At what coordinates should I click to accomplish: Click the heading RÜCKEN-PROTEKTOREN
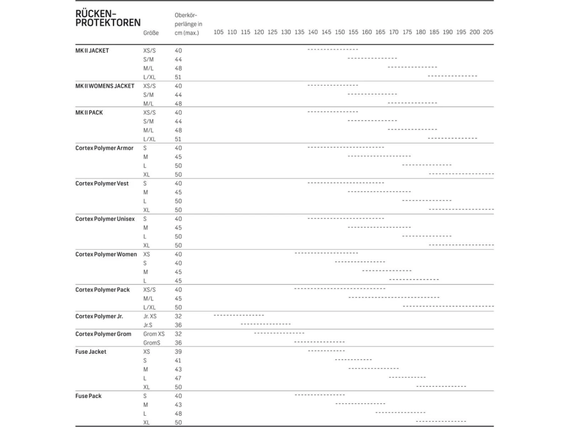pyautogui.click(x=108, y=18)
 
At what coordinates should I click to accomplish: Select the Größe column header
pyautogui.click(x=151, y=33)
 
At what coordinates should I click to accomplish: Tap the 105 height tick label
pyautogui.click(x=218, y=32)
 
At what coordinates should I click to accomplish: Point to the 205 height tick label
pyautogui.click(x=488, y=32)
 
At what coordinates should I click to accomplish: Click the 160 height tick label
pyautogui.click(x=367, y=32)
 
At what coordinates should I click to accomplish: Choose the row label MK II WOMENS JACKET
pyautogui.click(x=105, y=86)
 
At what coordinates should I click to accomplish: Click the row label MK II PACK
pyautogui.click(x=89, y=113)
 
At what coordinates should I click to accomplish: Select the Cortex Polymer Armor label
pyautogui.click(x=104, y=148)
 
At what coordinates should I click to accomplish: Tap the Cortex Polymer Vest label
pyautogui.click(x=102, y=184)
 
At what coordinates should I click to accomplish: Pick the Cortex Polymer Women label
pyautogui.click(x=106, y=254)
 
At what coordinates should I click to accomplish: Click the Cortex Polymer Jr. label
pyautogui.click(x=99, y=316)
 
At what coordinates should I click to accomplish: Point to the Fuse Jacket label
pyautogui.click(x=91, y=352)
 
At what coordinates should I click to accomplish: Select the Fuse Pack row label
pyautogui.click(x=88, y=396)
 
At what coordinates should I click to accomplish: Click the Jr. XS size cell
pyautogui.click(x=150, y=317)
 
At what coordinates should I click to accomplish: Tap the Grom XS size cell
pyautogui.click(x=154, y=334)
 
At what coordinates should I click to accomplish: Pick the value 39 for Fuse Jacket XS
pyautogui.click(x=178, y=352)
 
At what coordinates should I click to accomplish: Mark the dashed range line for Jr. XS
pyautogui.click(x=239, y=315)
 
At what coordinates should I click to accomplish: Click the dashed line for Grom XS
pyautogui.click(x=279, y=333)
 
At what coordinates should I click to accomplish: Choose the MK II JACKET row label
pyautogui.click(x=92, y=51)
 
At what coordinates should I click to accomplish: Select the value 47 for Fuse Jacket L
pyautogui.click(x=178, y=378)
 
